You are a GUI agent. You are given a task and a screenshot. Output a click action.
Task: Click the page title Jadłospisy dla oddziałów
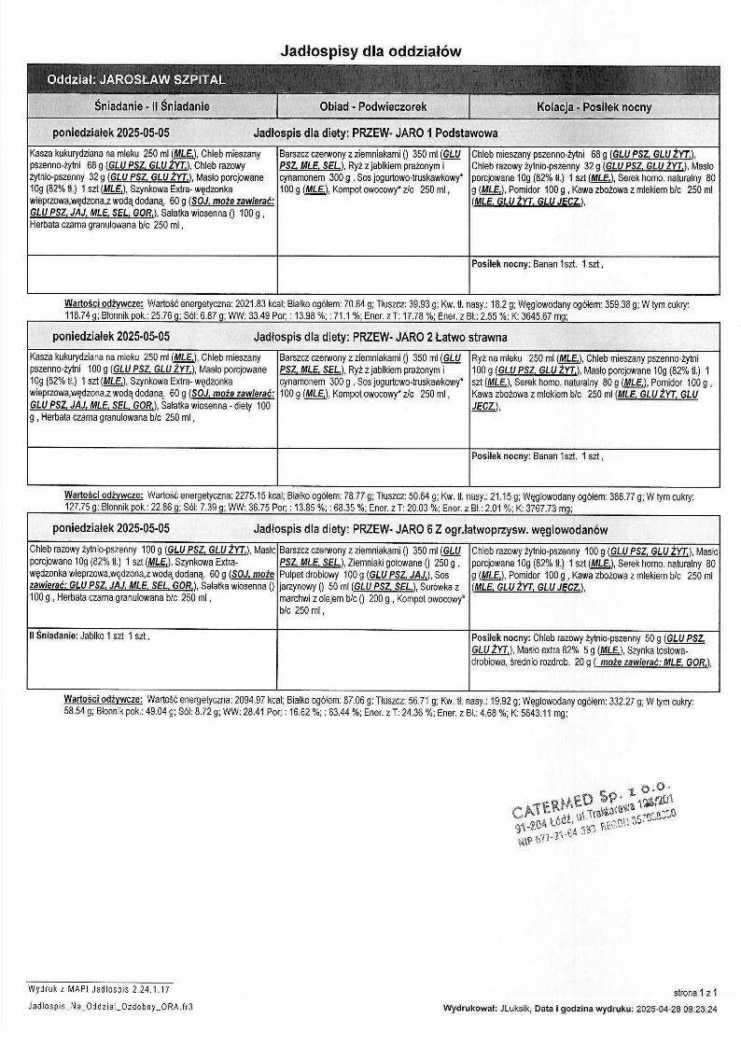click(x=370, y=51)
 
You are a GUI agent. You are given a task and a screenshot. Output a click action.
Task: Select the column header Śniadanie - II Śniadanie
click(x=152, y=106)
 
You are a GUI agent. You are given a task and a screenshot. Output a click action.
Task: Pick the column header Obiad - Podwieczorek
click(x=372, y=106)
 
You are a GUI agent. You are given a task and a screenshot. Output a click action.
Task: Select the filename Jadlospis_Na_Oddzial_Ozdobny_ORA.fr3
click(x=112, y=1008)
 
